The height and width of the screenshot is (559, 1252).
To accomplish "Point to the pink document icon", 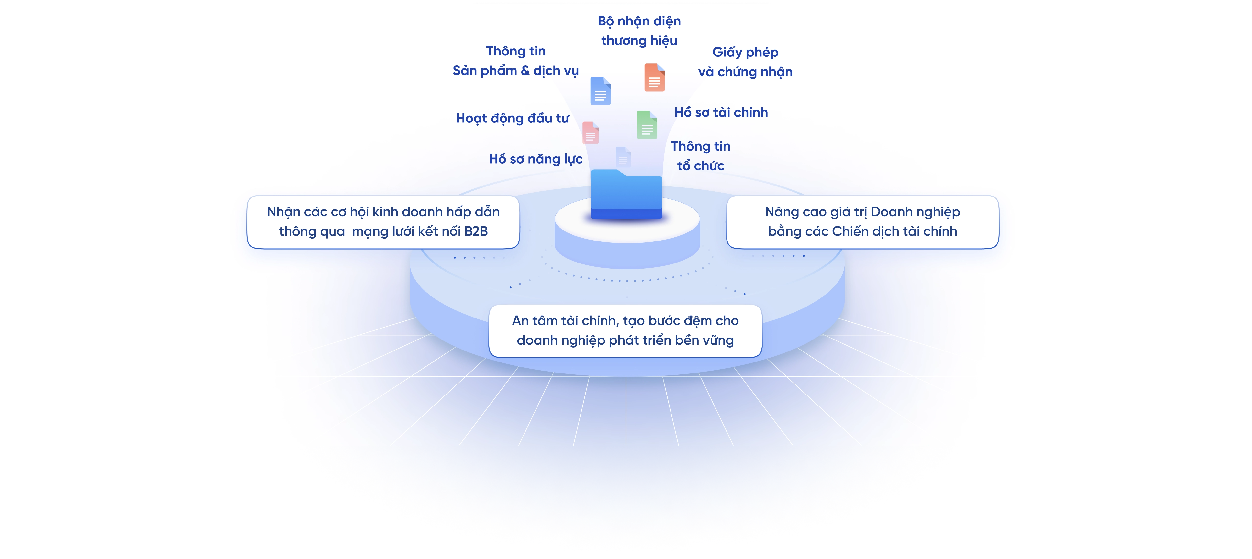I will (x=591, y=132).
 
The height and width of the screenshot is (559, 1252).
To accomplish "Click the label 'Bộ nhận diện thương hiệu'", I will (x=639, y=31).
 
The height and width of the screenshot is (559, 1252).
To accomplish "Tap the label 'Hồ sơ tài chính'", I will (x=721, y=113).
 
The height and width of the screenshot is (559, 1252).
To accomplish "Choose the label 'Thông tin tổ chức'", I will (x=700, y=156).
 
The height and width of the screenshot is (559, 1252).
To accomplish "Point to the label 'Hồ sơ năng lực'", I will (x=536, y=159).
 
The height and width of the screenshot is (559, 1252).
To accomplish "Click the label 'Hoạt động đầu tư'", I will (x=512, y=119).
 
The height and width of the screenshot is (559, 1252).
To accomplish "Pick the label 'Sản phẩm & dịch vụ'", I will (x=516, y=71).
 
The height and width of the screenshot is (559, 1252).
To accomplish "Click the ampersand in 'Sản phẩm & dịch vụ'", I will (x=525, y=71).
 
